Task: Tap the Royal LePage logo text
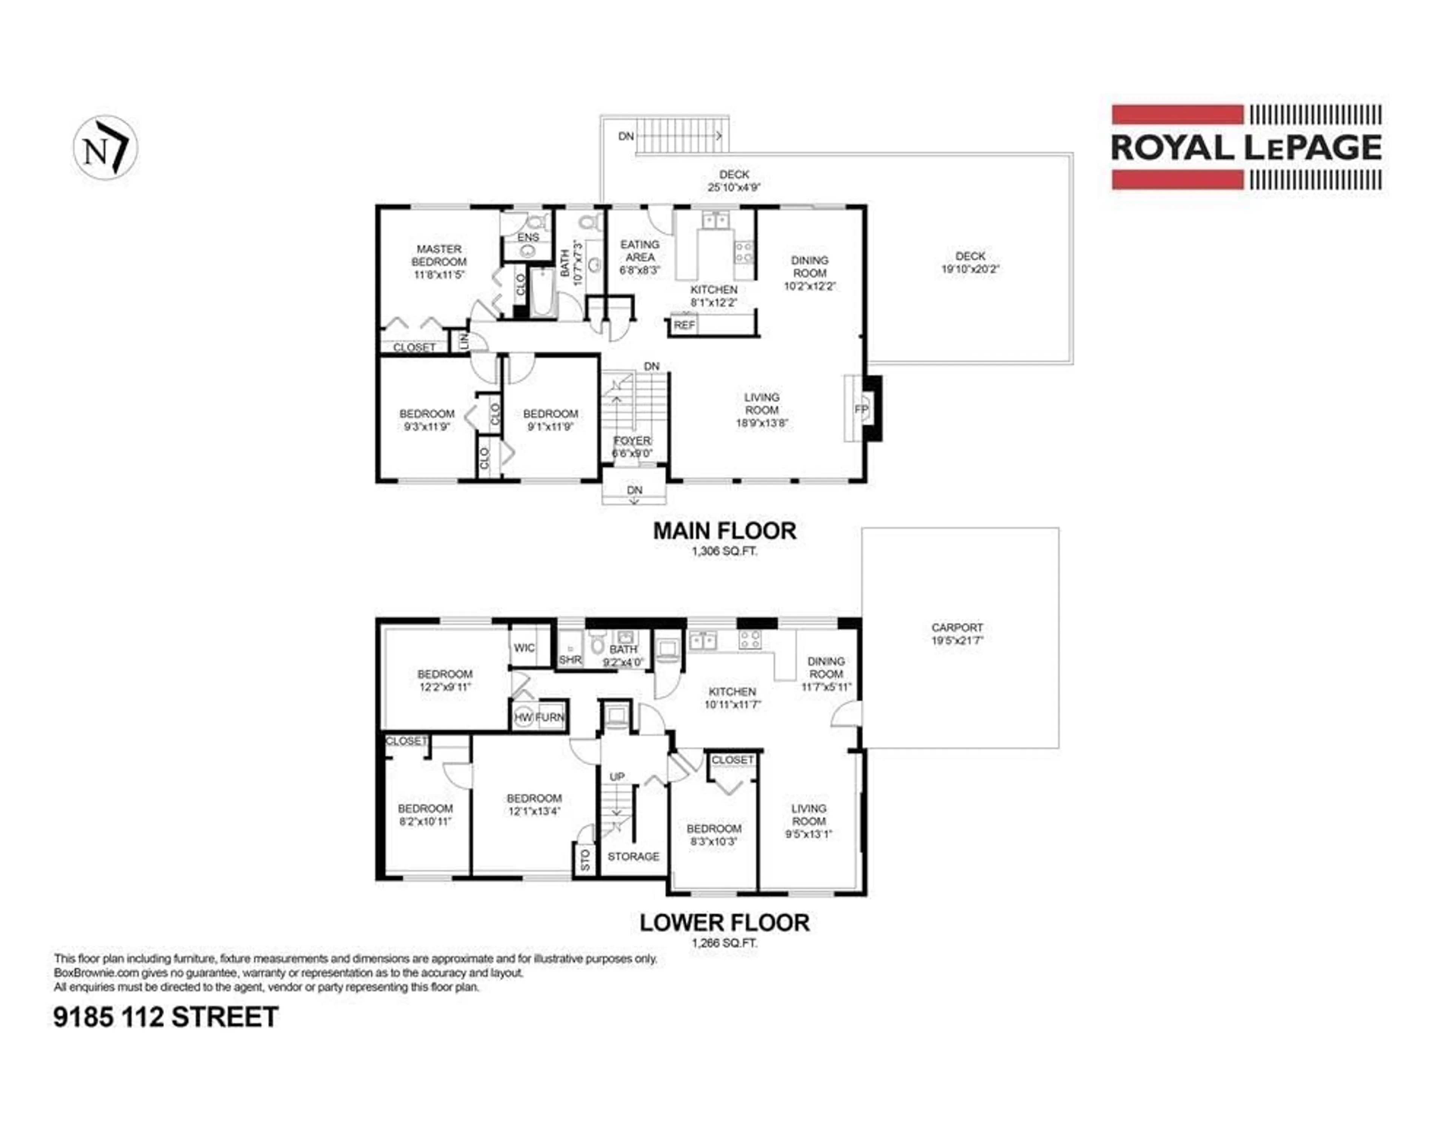pos(1246,147)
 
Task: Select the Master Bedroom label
pos(438,255)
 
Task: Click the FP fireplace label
pos(860,410)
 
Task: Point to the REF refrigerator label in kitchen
pos(684,325)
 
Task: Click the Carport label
pos(957,627)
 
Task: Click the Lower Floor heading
pos(724,922)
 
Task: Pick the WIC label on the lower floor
pos(524,648)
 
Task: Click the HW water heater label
pos(523,718)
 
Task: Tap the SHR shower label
pos(570,660)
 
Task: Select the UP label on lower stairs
pos(617,776)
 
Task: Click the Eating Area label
pos(640,251)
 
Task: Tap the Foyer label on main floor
pos(632,441)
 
